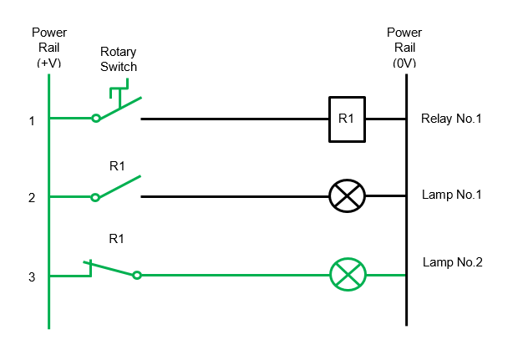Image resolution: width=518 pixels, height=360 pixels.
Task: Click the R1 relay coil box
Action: click(x=346, y=119)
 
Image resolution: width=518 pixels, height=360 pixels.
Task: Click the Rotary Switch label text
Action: click(x=118, y=59)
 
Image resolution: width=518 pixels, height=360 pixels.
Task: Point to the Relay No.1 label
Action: click(x=451, y=119)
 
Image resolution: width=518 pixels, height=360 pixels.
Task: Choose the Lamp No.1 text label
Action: click(x=452, y=195)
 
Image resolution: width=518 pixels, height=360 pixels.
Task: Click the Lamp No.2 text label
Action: click(x=452, y=261)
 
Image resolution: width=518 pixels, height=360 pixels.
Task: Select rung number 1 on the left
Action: click(x=32, y=121)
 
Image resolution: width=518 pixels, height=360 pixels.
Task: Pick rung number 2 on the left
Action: click(x=32, y=198)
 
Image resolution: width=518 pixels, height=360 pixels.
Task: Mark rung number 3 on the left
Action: click(x=32, y=276)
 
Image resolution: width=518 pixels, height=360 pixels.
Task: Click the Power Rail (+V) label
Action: click(x=49, y=48)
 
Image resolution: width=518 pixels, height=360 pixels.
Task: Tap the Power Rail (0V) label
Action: click(x=404, y=48)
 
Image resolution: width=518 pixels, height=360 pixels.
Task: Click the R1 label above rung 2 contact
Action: click(x=117, y=166)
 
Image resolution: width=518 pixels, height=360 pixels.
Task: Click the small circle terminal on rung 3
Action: click(x=137, y=275)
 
